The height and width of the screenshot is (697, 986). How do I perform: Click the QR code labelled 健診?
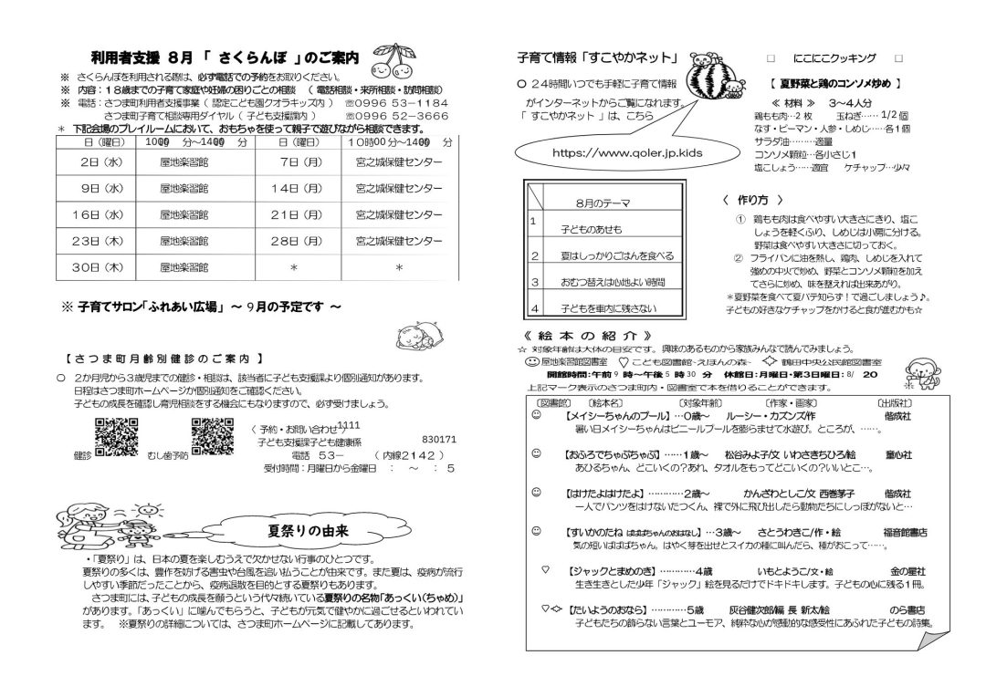click(x=110, y=434)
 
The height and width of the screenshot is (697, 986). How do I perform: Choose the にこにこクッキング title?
click(x=834, y=57)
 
